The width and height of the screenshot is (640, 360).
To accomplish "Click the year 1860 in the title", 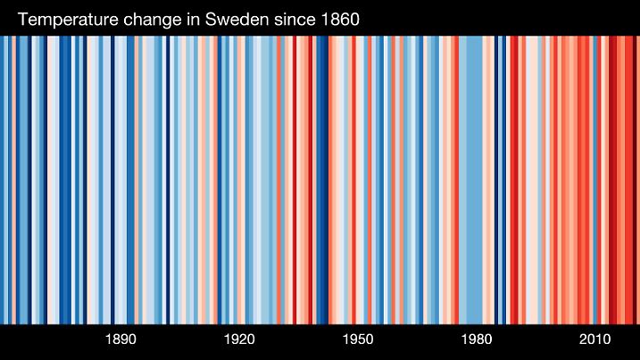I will (339, 19).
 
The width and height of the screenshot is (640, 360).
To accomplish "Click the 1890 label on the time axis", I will (121, 340).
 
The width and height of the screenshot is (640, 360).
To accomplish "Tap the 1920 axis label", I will (239, 340).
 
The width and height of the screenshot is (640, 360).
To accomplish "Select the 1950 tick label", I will (358, 340).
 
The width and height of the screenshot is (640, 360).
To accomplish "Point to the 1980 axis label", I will (477, 340).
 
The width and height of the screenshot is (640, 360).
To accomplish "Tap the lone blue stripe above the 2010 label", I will (595, 179).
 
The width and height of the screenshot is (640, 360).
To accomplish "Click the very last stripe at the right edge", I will (636, 179).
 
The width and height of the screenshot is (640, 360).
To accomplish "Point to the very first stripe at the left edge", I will (2, 179).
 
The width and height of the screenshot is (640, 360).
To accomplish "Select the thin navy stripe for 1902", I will (169, 179).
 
